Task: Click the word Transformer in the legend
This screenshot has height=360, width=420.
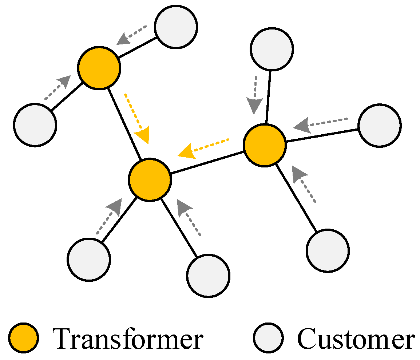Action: click(x=127, y=338)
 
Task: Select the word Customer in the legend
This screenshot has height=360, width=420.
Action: click(x=356, y=338)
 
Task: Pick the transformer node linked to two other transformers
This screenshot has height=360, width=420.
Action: click(x=150, y=179)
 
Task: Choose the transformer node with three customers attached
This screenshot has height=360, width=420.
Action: click(x=265, y=145)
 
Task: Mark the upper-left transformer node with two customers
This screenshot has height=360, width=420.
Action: click(x=99, y=68)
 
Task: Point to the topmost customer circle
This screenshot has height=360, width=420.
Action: click(x=176, y=27)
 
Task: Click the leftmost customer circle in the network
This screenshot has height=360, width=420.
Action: click(x=35, y=125)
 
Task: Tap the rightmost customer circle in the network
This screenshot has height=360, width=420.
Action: click(x=380, y=125)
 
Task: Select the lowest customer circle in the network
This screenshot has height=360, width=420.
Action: click(x=209, y=276)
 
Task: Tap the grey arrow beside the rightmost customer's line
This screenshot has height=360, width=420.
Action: click(x=320, y=123)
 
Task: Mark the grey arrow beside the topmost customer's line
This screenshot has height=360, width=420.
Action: click(x=131, y=35)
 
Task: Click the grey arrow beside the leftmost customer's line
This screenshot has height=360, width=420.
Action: click(x=58, y=87)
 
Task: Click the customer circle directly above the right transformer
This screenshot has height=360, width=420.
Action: click(x=272, y=49)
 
